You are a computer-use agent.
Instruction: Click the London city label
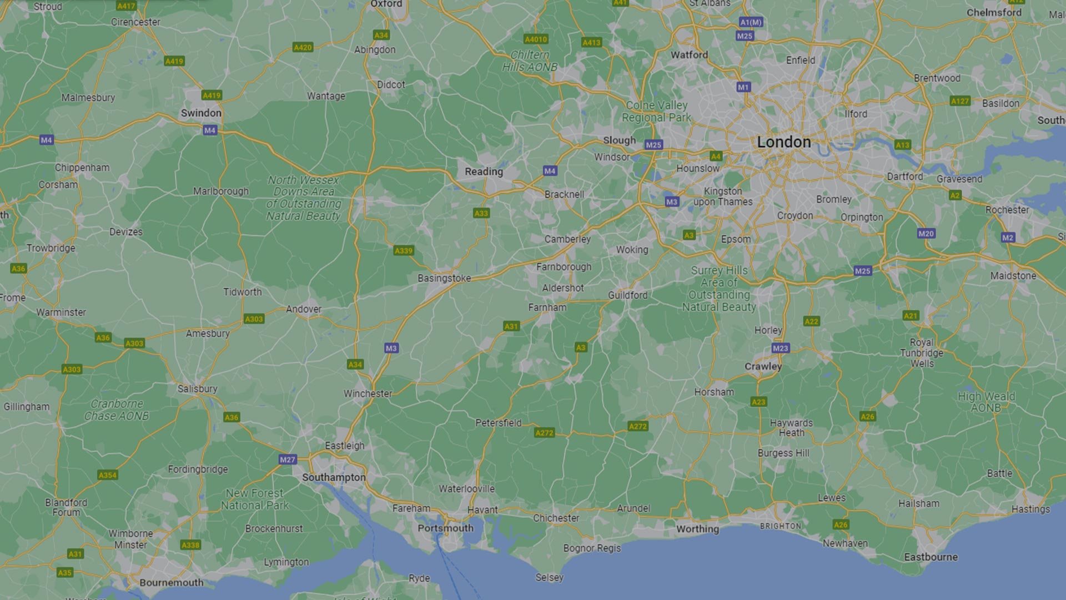[x=783, y=142]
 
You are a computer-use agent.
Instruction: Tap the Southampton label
[x=334, y=477]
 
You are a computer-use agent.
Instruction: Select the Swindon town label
[x=201, y=113]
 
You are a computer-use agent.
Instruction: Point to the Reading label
[x=484, y=172]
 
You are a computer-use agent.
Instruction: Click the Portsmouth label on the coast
[x=445, y=528]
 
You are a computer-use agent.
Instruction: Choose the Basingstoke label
[x=444, y=278]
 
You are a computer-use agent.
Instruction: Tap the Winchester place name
[x=368, y=394]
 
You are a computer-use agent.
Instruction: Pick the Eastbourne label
[x=931, y=557]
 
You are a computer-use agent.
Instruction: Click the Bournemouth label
[x=171, y=582]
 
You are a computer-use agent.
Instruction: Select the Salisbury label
[x=197, y=389]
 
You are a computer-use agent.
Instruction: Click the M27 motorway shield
[x=288, y=460]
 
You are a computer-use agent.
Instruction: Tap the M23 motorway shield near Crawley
[x=780, y=348]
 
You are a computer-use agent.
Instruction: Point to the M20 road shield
[x=926, y=234]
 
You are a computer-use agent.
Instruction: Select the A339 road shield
[x=404, y=250]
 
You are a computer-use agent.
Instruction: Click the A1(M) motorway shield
[x=751, y=22]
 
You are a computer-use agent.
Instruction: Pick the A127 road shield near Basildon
[x=960, y=101]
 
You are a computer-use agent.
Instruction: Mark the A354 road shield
[x=108, y=475]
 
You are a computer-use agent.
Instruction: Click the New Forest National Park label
[x=255, y=499]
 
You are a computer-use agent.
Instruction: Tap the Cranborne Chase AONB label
[x=117, y=410]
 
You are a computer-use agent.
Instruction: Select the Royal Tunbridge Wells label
[x=922, y=353]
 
